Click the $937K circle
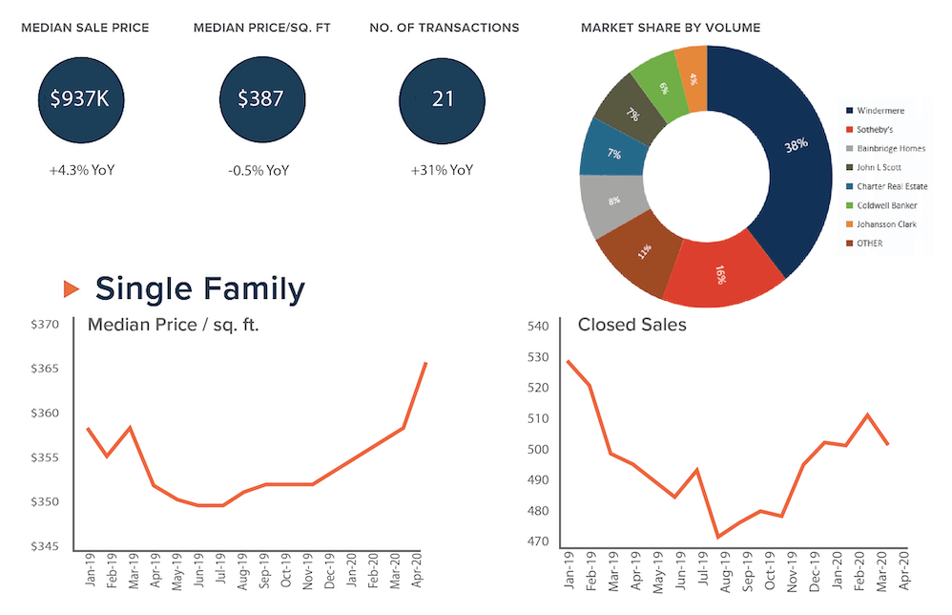click(85, 97)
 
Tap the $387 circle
click(261, 97)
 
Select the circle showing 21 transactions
click(443, 97)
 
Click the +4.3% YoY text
click(87, 171)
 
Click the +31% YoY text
click(442, 171)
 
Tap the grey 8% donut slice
click(611, 201)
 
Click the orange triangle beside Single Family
click(71, 287)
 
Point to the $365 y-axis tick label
click(45, 369)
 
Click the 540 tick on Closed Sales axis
click(538, 327)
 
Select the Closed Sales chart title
click(631, 325)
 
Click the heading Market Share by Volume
click(671, 28)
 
